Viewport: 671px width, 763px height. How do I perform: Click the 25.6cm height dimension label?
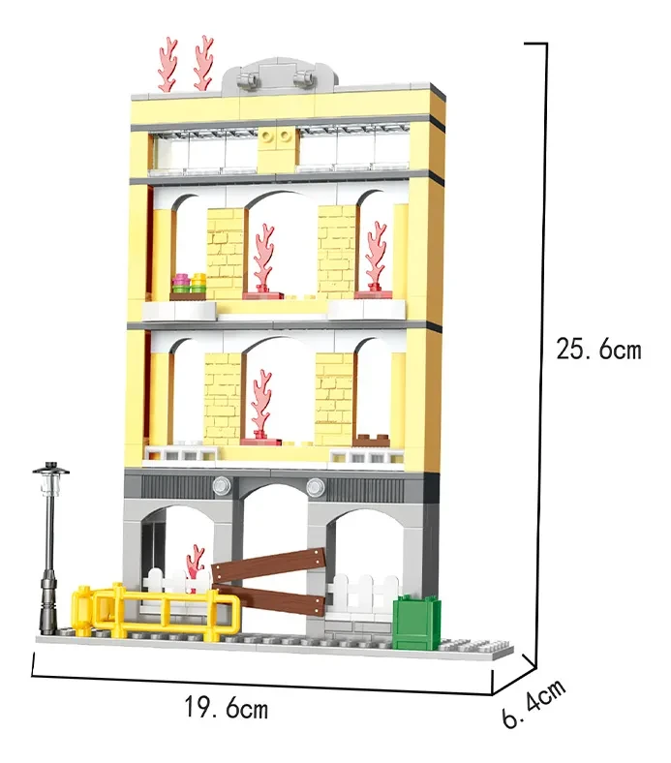[x=597, y=349]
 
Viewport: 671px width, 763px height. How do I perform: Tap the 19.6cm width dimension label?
[x=226, y=708]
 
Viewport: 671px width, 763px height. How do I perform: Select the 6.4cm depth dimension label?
[x=534, y=705]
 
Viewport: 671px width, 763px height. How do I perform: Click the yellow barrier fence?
[x=155, y=610]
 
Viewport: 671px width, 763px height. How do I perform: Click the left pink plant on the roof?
[x=168, y=63]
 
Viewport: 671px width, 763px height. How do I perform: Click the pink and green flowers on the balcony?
[x=190, y=285]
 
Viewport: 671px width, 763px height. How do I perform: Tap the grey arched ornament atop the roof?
[x=281, y=76]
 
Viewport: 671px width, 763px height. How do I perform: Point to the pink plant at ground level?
[x=197, y=566]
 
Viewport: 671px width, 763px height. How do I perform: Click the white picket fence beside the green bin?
[x=364, y=593]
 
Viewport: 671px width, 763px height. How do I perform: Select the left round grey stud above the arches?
[x=222, y=484]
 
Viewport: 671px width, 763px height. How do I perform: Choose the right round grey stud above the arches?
[x=313, y=484]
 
